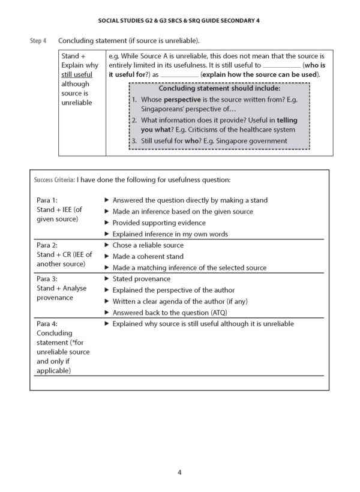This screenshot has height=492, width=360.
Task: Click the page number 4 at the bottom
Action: point(179,472)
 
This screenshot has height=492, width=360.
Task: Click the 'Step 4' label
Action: point(38,41)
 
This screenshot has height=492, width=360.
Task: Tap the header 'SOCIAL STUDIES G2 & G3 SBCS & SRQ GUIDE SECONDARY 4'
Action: point(179,20)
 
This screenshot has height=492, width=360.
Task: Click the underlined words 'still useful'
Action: point(77,74)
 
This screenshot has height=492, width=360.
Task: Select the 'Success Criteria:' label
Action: point(54,179)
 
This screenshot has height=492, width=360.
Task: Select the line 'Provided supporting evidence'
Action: point(159,223)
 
